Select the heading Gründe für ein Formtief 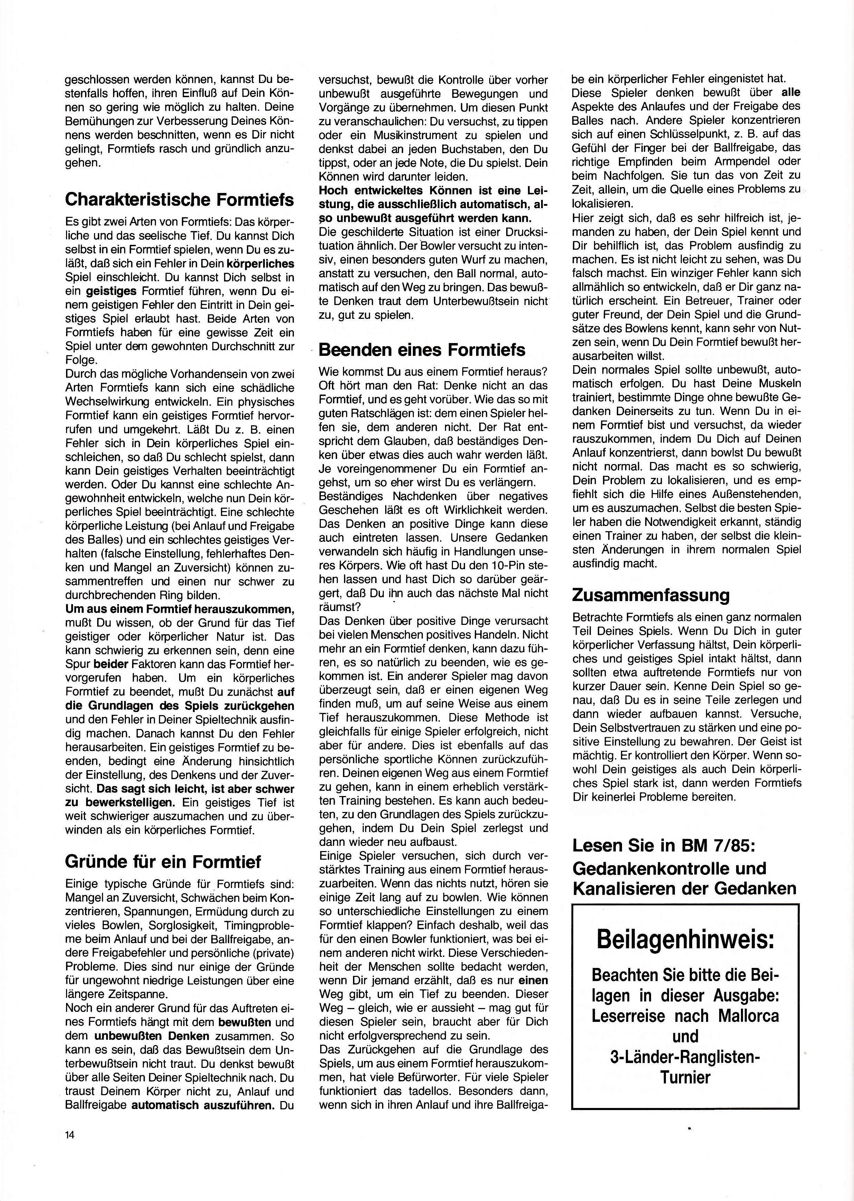click(x=163, y=862)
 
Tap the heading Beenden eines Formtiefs click(x=422, y=350)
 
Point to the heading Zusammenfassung click(x=651, y=595)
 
